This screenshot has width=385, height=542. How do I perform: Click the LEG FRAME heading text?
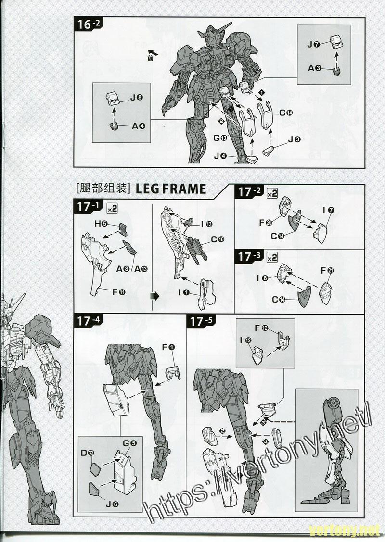tap(171, 189)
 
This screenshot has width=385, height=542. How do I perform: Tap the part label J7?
tap(314, 45)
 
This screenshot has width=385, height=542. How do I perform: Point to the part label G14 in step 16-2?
tap(286, 113)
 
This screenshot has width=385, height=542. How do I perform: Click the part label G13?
tap(221, 138)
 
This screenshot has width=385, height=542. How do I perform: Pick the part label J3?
tap(295, 139)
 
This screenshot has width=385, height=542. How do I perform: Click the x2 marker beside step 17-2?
tap(272, 193)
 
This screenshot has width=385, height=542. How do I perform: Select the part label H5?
tap(101, 224)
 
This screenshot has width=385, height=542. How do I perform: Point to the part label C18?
tap(218, 240)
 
